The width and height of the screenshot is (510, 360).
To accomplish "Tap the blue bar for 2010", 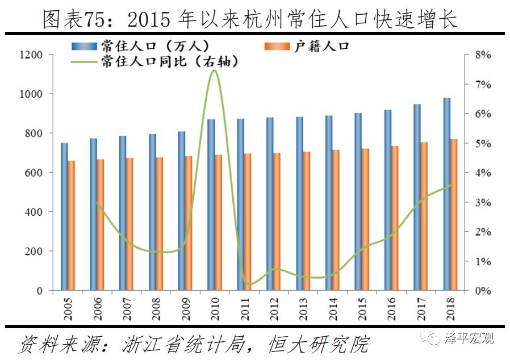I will click(x=211, y=204).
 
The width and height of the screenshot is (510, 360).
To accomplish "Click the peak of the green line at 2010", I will click(x=214, y=70).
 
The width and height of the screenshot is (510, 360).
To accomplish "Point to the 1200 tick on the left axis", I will click(x=31, y=55).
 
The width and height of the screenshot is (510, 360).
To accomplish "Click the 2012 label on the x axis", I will click(x=275, y=307).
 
